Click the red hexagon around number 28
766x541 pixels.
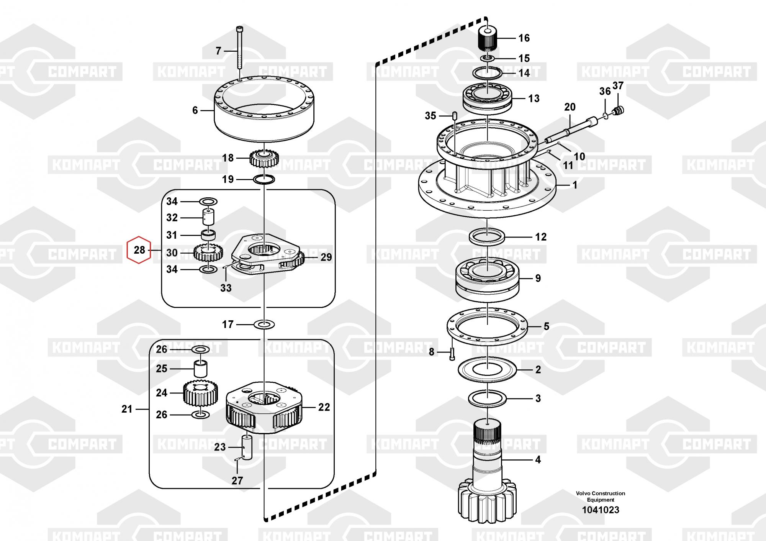point(139,250)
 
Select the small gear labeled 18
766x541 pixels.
point(264,159)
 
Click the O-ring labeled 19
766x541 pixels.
point(264,179)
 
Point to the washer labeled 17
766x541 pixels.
point(264,325)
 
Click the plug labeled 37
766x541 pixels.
point(619,111)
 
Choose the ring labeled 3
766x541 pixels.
point(488,398)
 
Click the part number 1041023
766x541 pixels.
point(600,510)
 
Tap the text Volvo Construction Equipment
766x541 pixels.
point(600,497)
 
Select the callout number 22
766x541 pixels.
point(324,407)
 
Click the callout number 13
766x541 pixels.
point(534,98)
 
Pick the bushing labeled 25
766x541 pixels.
point(201,369)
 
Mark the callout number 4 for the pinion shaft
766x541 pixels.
point(538,459)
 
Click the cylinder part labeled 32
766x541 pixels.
point(208,217)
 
